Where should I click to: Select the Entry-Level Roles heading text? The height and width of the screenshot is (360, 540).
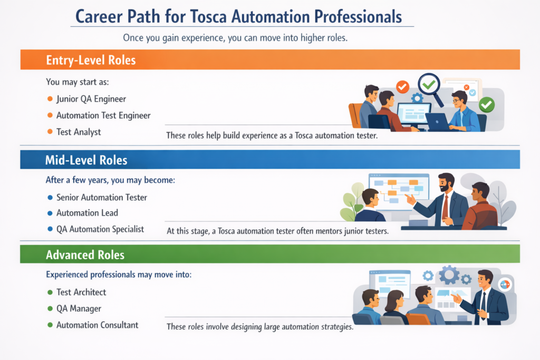[91, 60]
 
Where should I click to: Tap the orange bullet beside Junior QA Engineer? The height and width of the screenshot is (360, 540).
[50, 99]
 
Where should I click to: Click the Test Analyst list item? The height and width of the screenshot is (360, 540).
[79, 132]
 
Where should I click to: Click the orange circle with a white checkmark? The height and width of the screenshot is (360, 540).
[402, 86]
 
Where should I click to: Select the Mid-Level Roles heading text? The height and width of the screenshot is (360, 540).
[86, 159]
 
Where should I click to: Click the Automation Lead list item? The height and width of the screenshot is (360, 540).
[87, 213]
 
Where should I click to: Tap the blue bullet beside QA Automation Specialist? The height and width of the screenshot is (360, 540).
[50, 229]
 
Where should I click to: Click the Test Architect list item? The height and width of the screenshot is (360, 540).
[81, 292]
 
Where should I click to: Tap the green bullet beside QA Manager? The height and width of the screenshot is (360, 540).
[50, 308]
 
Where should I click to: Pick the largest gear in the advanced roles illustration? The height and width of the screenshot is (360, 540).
[449, 275]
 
